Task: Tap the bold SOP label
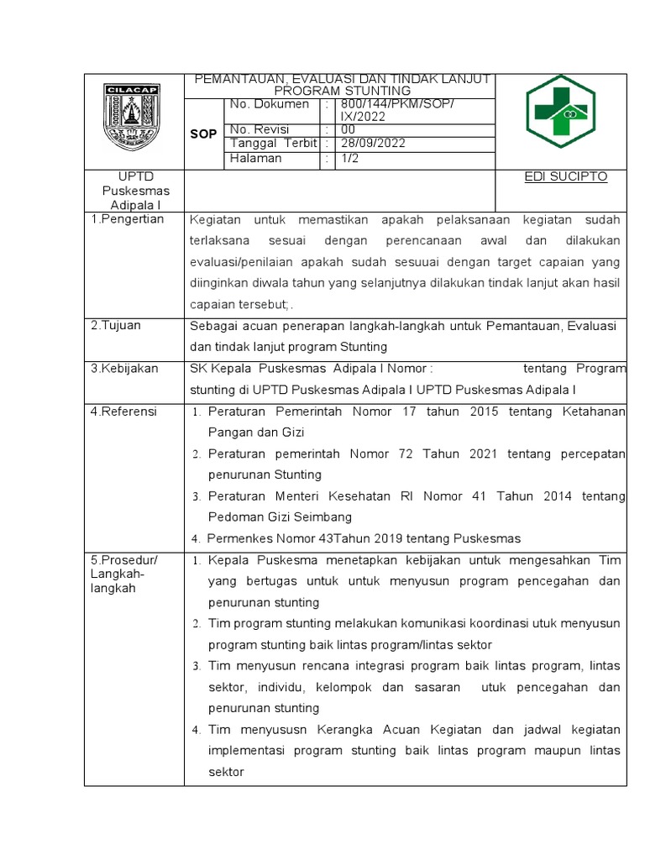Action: pos(203,134)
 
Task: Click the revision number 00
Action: pos(348,130)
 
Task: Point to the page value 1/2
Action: pos(348,158)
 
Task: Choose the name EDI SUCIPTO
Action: pos(565,177)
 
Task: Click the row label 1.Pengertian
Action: pos(127,219)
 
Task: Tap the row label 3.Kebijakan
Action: pos(124,369)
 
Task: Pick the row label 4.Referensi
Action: pos(123,412)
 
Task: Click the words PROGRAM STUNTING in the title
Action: pos(343,90)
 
